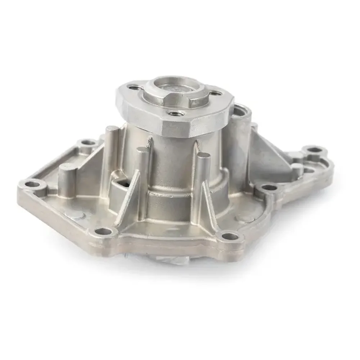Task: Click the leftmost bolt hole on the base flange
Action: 33,184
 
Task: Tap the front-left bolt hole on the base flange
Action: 103,230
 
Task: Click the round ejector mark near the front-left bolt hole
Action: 79,216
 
